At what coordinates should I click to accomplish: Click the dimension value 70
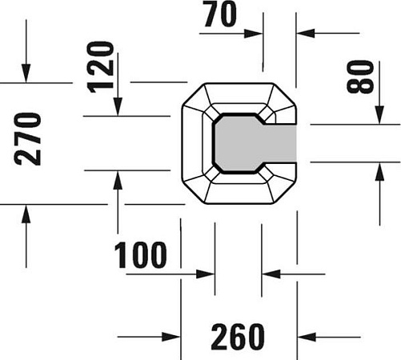220,14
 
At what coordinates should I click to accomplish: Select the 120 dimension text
101,67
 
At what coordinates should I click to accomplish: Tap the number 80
360,77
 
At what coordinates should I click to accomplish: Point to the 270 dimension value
27,139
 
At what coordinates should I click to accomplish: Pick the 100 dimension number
140,254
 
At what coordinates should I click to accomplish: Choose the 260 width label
238,337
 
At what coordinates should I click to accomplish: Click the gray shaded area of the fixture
255,143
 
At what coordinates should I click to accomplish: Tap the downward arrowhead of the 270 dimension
26,74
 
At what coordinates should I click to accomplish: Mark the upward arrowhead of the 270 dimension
26,214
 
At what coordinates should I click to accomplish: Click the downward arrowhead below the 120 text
118,106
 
